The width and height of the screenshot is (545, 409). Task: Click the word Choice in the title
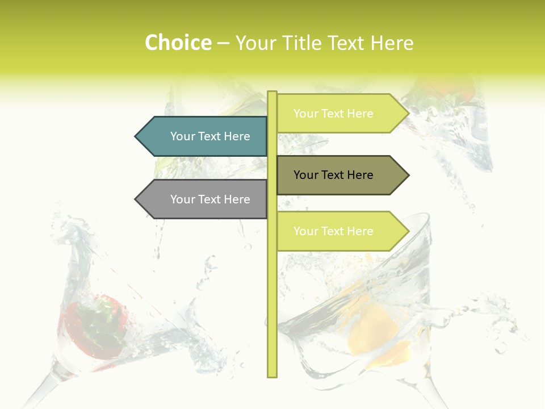pyautogui.click(x=178, y=43)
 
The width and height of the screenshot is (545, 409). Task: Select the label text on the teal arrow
pyautogui.click(x=210, y=136)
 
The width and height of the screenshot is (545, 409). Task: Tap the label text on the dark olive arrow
pyautogui.click(x=333, y=175)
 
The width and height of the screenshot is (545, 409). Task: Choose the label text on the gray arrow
pyautogui.click(x=210, y=199)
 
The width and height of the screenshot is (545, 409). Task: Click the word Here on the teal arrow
pyautogui.click(x=237, y=136)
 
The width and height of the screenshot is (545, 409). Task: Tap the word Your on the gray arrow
pyautogui.click(x=182, y=199)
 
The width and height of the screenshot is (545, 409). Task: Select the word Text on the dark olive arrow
pyautogui.click(x=333, y=175)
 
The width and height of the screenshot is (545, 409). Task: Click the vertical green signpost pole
pyautogui.click(x=272, y=295)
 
